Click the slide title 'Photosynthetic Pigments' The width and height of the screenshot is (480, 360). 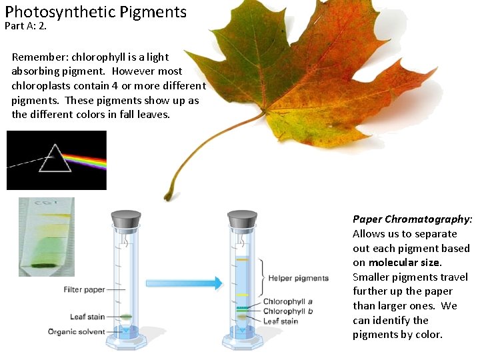[95, 11]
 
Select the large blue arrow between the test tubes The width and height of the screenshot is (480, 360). [183, 283]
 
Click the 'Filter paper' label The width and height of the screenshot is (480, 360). [85, 290]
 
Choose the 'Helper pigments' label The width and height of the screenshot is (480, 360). [299, 278]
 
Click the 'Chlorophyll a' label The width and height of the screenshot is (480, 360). [288, 302]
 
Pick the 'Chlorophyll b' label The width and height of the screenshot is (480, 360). [288, 311]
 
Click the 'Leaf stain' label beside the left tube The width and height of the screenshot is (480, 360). [87, 317]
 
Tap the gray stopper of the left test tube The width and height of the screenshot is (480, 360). [125, 219]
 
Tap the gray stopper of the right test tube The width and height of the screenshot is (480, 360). [242, 219]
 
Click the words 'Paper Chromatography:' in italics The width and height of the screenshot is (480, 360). [412, 219]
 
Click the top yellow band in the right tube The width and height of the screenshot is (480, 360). [242, 260]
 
